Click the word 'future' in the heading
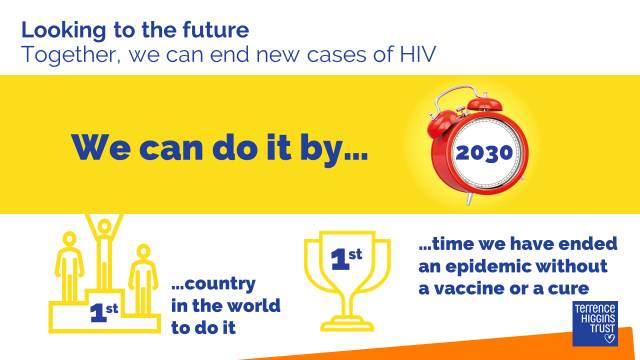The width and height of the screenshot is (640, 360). point(216,30)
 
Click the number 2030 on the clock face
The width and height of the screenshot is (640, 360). point(484,153)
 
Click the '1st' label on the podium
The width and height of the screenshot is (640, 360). point(104,312)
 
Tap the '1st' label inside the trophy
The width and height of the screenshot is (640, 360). point(346,258)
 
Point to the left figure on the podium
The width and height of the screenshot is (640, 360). point(69,267)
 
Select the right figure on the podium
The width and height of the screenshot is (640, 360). point(143,279)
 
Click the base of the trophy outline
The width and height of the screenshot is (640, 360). point(347,324)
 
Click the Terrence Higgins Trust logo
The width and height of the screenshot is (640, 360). point(595,324)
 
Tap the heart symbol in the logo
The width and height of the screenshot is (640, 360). point(609,338)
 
